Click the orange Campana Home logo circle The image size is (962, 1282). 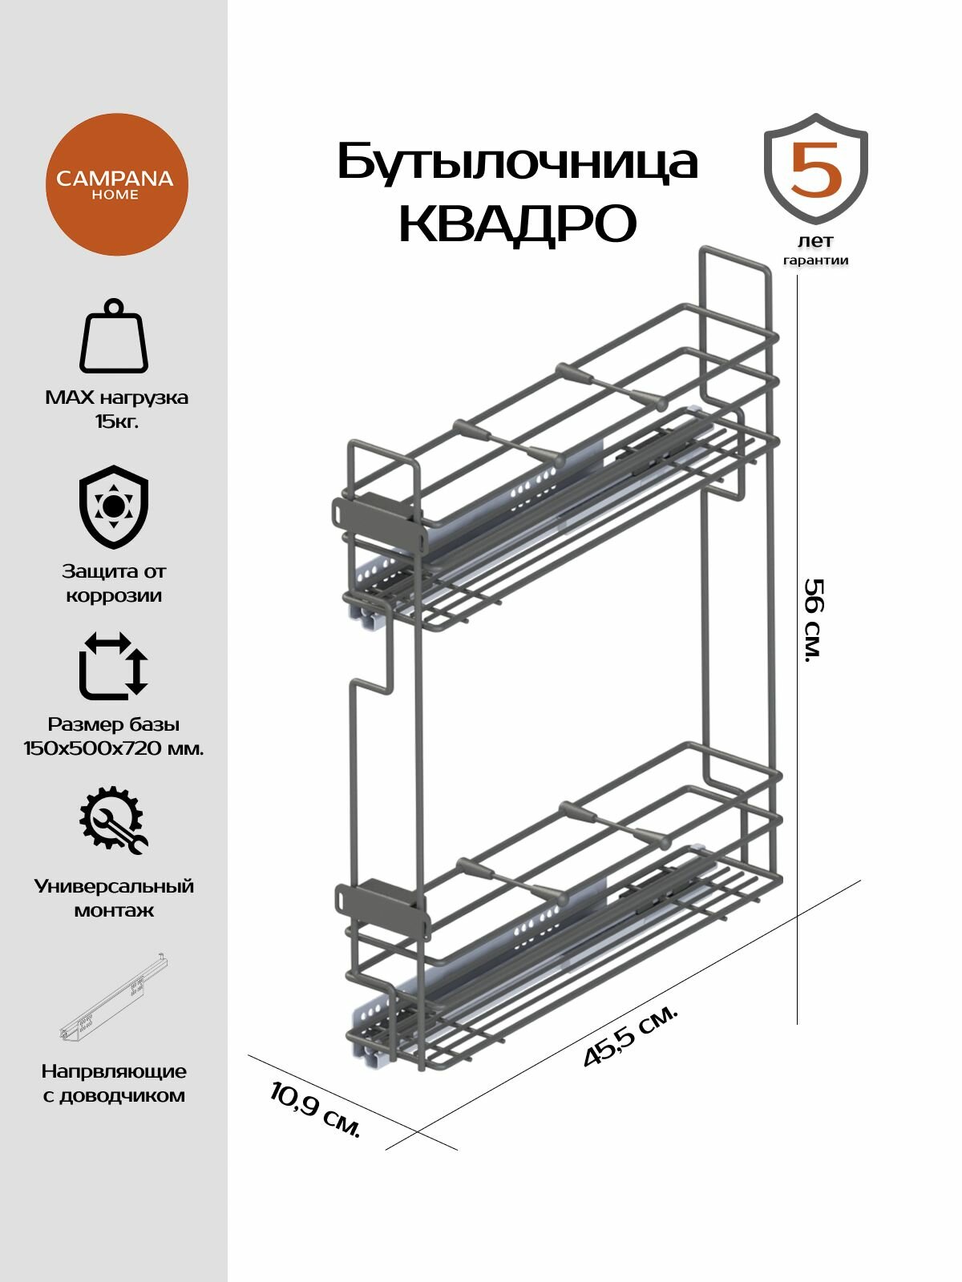point(115,185)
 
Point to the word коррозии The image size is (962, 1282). point(114,596)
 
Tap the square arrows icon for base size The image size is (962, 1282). point(114,666)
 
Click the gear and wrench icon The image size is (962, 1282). point(113,821)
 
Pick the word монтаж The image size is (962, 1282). point(114,911)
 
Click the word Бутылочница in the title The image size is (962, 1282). point(517,163)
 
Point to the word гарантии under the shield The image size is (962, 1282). point(815,260)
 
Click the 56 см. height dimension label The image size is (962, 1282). point(814,619)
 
